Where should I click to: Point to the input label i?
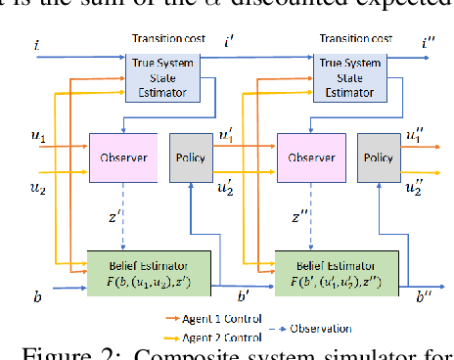click(x=36, y=46)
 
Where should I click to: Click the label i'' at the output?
click(x=429, y=44)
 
